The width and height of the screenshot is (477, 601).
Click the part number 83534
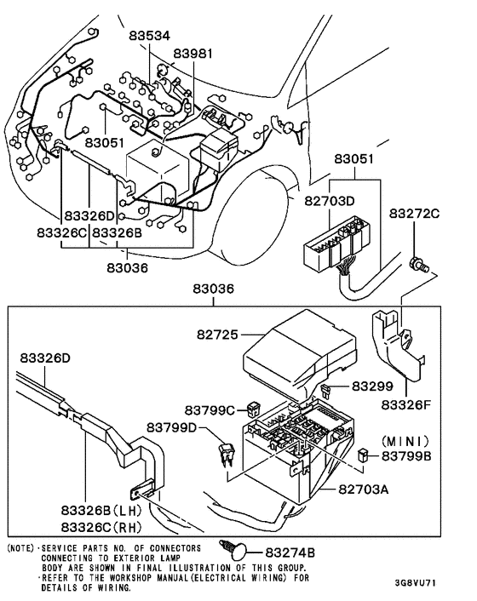[x=150, y=36]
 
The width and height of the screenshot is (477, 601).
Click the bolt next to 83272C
[x=417, y=262]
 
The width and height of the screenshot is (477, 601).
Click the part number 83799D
[x=170, y=426]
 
